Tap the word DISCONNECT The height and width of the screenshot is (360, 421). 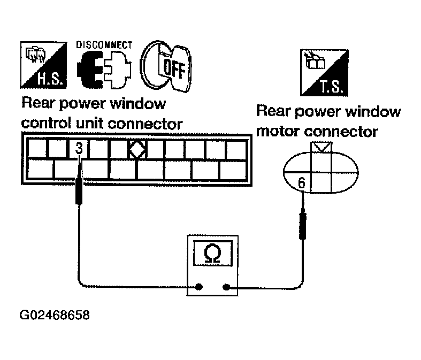(x=104, y=44)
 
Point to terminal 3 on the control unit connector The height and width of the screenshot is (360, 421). (x=79, y=149)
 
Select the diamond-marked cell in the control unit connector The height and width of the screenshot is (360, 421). (x=137, y=150)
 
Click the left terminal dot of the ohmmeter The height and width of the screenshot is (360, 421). (x=199, y=287)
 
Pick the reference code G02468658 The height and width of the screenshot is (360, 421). (x=55, y=315)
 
